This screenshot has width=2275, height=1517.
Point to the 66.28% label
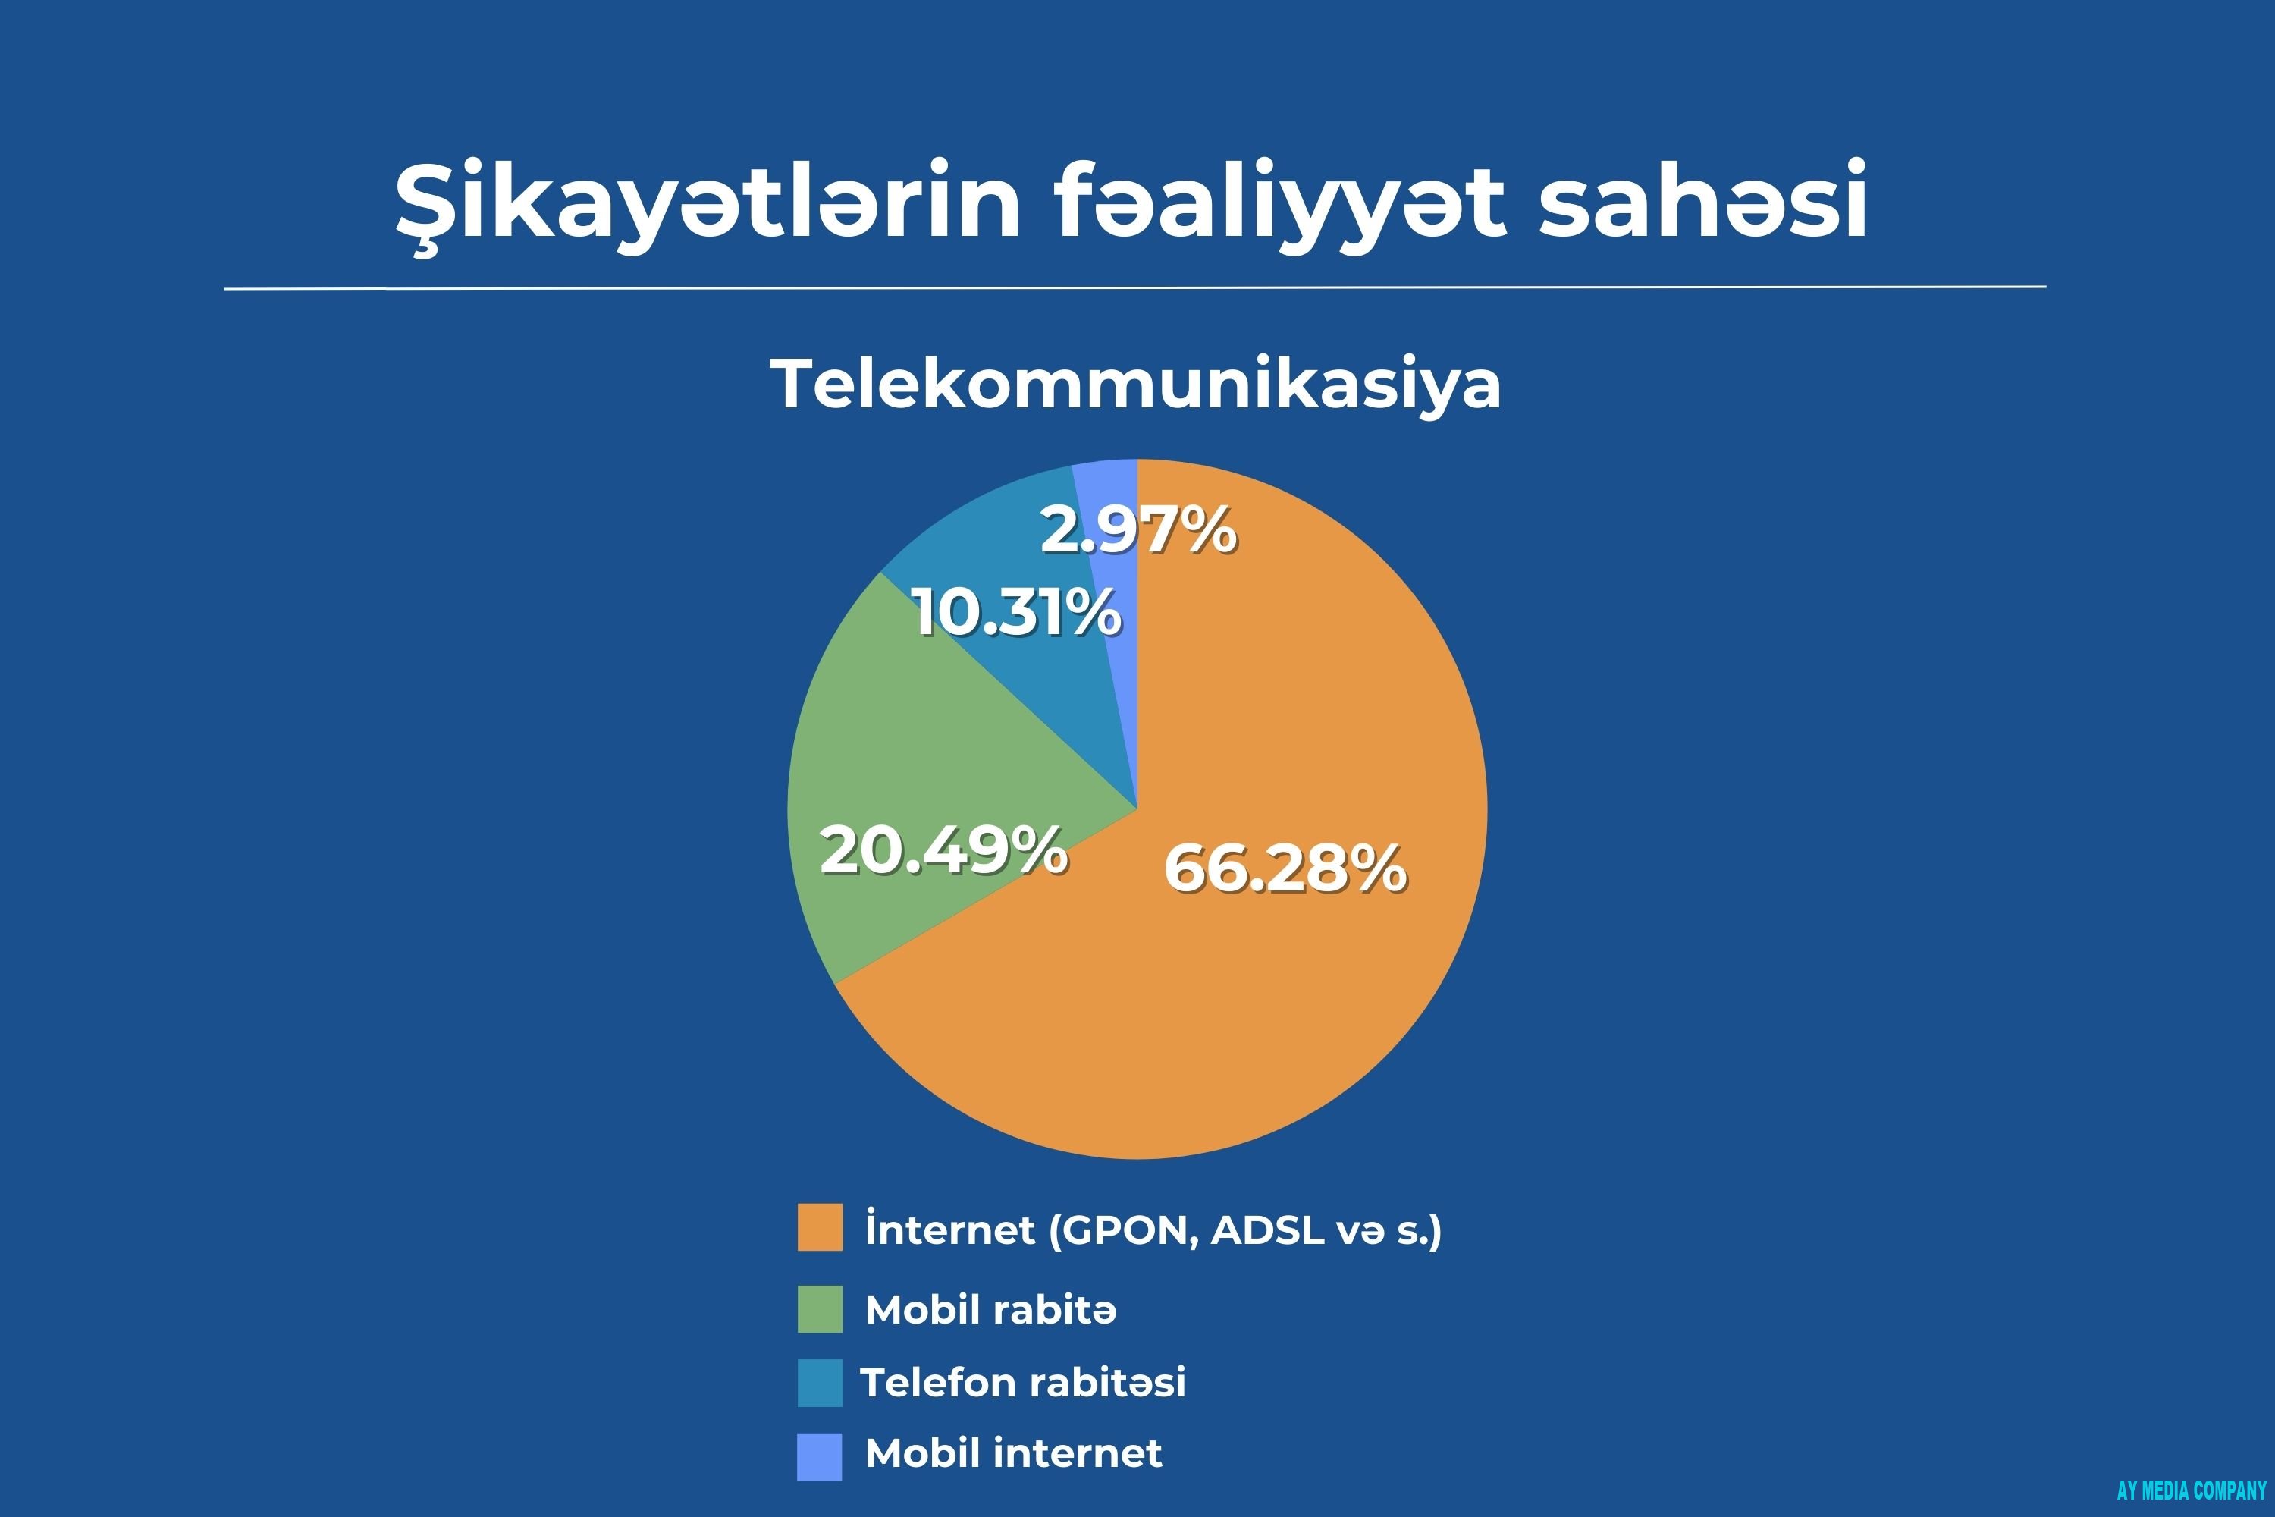(x=1285, y=868)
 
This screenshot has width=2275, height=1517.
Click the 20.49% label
(x=943, y=851)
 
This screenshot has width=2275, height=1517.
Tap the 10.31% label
(x=1017, y=612)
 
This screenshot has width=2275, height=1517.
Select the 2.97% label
(x=1138, y=530)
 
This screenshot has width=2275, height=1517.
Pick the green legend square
(x=819, y=1309)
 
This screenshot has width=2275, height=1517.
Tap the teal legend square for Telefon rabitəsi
(x=819, y=1383)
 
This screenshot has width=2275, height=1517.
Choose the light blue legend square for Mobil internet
(x=819, y=1456)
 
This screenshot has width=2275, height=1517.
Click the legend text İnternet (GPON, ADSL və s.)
(x=1153, y=1229)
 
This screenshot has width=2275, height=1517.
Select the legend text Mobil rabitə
(x=990, y=1309)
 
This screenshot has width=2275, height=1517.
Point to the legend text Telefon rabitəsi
(x=1022, y=1383)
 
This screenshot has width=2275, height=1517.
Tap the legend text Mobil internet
(x=1012, y=1453)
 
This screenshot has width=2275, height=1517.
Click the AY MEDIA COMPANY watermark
(x=2192, y=1490)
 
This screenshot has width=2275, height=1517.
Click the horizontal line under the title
(x=1134, y=287)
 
